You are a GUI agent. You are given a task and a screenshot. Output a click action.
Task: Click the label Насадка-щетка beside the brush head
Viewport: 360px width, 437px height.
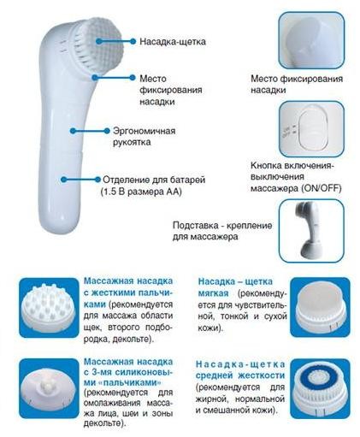(x=173, y=42)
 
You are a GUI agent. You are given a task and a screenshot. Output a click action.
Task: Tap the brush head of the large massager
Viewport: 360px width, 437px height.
(x=98, y=44)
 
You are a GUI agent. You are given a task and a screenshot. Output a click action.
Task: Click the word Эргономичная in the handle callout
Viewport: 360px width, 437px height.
(x=145, y=131)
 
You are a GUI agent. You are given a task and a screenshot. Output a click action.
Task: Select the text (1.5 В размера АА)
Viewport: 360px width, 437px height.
(x=141, y=192)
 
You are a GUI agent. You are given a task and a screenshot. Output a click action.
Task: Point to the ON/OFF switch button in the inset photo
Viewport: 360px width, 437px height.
(x=311, y=129)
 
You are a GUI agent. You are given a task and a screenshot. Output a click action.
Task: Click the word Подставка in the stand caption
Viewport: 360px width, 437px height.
(x=195, y=226)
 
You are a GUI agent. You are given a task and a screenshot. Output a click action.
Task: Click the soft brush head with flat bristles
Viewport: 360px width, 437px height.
(x=320, y=308)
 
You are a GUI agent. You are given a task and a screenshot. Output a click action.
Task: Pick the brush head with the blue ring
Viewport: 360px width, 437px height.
(x=320, y=388)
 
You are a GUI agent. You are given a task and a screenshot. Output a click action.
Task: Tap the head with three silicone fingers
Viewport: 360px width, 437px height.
(x=49, y=389)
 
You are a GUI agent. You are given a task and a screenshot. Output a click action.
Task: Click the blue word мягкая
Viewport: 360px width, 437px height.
(x=213, y=293)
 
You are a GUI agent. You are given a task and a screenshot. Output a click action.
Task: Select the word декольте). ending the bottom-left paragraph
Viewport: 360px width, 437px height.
(x=104, y=422)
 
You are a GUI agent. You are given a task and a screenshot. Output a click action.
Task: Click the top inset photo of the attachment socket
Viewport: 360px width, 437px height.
(x=311, y=40)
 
